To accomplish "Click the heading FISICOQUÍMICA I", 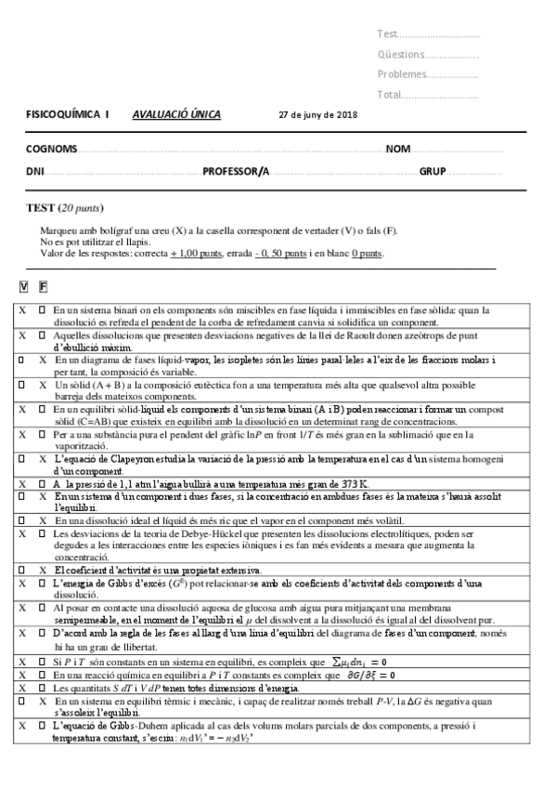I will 67,116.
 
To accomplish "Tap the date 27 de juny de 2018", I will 317,117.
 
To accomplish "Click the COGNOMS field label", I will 52,149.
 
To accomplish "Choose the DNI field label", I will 35,171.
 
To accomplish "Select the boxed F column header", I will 43,287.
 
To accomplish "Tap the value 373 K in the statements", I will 353,483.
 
